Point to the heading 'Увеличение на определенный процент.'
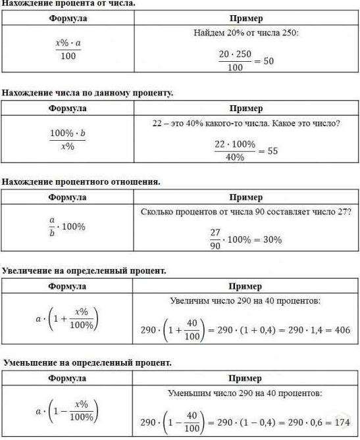84,271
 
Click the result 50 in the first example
268,61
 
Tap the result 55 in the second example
273,151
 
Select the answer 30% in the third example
272,240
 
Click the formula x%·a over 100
68,50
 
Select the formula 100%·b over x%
68,139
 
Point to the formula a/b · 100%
67,226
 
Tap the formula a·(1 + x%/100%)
66,318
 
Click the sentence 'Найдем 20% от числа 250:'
245,32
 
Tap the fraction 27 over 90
215,239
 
